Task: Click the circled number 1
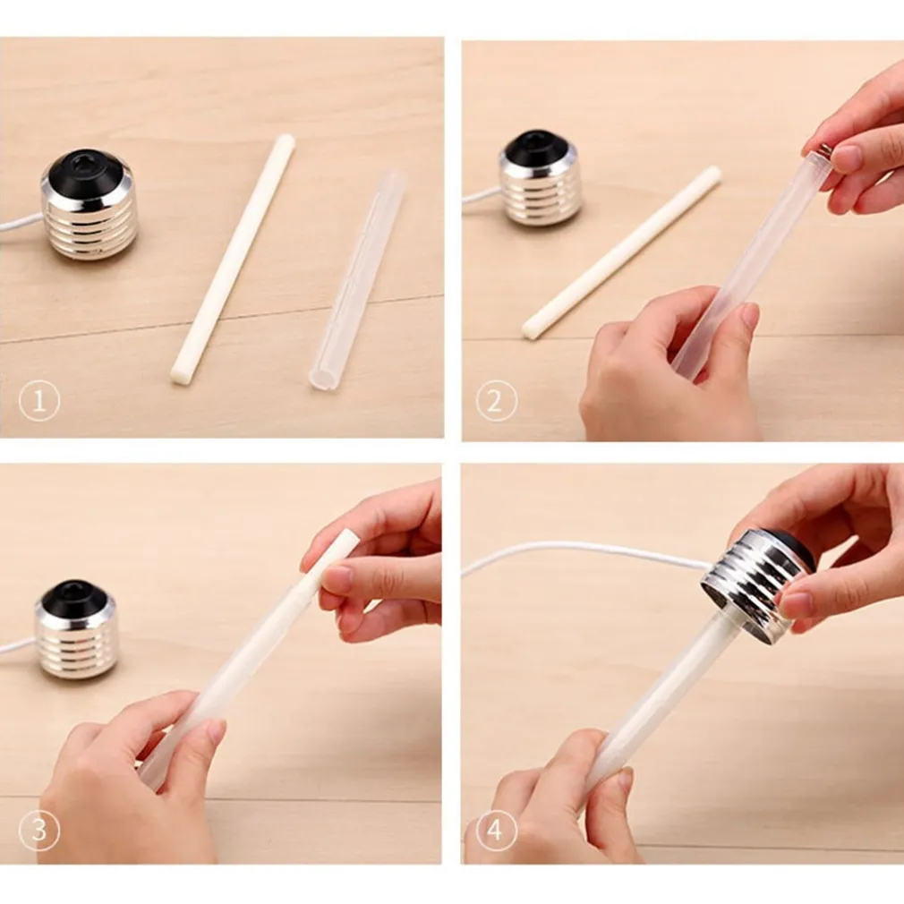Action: [39, 401]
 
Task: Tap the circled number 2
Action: [497, 401]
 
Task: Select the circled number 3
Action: [39, 831]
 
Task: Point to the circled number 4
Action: [497, 831]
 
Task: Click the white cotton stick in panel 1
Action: [233, 259]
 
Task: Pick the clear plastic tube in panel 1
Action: [356, 279]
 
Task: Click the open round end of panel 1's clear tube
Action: [321, 379]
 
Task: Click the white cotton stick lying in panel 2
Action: [621, 252]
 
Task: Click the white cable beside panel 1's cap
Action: [21, 225]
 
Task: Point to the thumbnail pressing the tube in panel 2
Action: [748, 316]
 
